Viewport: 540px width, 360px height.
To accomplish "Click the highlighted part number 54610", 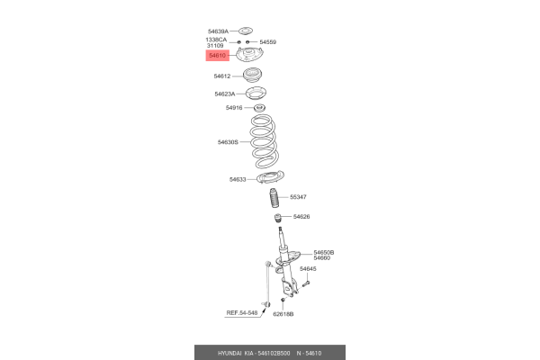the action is pos(217,56).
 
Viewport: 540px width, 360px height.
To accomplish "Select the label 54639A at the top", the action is pos(218,31).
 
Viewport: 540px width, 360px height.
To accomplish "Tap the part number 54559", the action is pos(268,42).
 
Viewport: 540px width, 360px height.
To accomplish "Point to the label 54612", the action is pos(222,76).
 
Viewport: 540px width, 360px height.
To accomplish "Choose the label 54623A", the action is pos(225,94).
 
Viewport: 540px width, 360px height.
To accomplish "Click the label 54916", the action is pos(234,108).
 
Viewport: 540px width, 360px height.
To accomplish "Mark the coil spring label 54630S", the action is pos(228,142).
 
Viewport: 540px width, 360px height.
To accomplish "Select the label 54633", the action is pos(238,179).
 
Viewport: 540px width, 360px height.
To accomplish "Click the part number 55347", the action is pos(298,197).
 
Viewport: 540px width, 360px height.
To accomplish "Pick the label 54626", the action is pos(301,217).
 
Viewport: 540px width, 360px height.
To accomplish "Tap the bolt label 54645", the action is pos(308,269).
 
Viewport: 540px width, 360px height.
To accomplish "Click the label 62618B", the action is pos(283,314).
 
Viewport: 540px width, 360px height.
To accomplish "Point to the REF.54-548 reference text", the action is pos(242,313).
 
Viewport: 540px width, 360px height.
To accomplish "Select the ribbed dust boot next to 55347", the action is pos(274,198).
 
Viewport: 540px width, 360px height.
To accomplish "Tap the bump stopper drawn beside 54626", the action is pos(277,218).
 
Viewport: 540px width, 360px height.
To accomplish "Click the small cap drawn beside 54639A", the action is pos(246,31).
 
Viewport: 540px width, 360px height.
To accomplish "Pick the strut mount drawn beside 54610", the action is pos(250,54).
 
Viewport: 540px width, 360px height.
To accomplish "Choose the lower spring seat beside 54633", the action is pos(271,177).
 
